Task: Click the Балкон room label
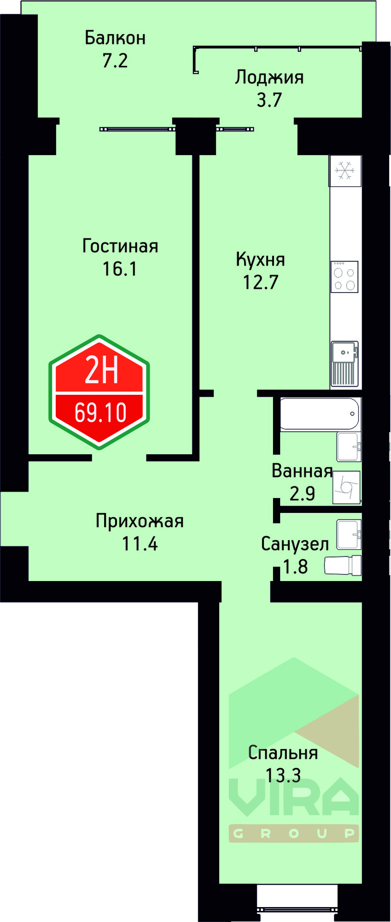[x=115, y=38]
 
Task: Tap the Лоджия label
[x=269, y=77]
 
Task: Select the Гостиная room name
[x=120, y=246]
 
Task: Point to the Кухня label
[x=261, y=260]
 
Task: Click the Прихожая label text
[x=140, y=521]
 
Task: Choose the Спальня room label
[x=283, y=752]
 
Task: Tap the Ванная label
[x=302, y=471]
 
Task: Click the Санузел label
[x=295, y=544]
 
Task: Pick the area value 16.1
[x=119, y=269]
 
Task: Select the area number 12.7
[x=261, y=282]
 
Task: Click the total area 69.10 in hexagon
[x=100, y=412]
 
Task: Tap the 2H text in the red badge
[x=101, y=371]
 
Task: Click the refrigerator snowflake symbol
[x=344, y=170]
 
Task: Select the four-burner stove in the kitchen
[x=344, y=277]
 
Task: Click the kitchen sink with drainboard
[x=344, y=363]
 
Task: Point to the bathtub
[x=319, y=413]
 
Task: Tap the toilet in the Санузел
[x=343, y=565]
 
